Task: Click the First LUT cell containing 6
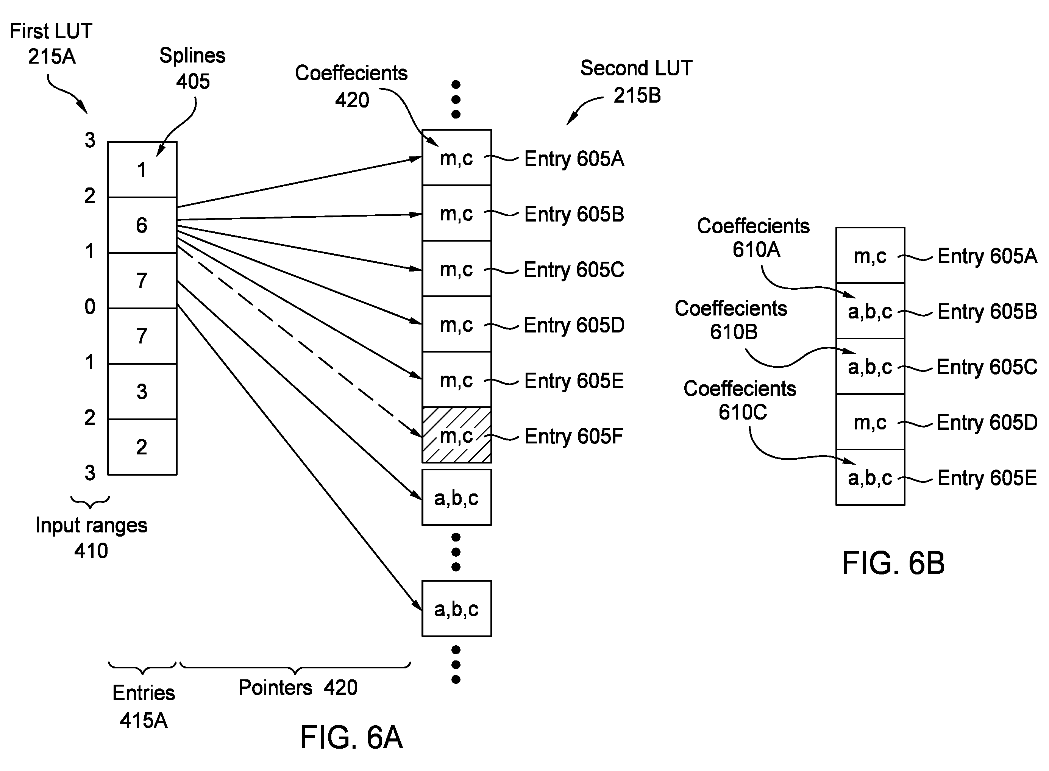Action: click(x=142, y=225)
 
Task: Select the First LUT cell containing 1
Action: click(x=142, y=169)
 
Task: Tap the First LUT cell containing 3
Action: click(x=142, y=392)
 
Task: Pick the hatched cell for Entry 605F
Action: click(x=456, y=435)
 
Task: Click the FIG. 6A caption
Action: click(x=351, y=737)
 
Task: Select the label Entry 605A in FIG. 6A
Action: click(x=574, y=159)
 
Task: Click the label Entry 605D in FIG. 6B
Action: click(x=987, y=422)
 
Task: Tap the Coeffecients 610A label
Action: click(x=753, y=237)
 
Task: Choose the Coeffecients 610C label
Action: click(x=740, y=400)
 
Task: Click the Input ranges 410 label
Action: click(x=92, y=538)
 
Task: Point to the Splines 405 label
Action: click(x=192, y=69)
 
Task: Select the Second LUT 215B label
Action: click(x=637, y=82)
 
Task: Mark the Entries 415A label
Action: click(x=144, y=706)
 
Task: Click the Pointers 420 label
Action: click(x=298, y=687)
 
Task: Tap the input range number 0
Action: click(x=90, y=307)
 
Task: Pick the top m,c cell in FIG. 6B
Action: click(x=870, y=255)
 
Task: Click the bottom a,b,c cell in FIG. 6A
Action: click(x=456, y=608)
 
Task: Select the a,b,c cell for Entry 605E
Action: click(x=870, y=477)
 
